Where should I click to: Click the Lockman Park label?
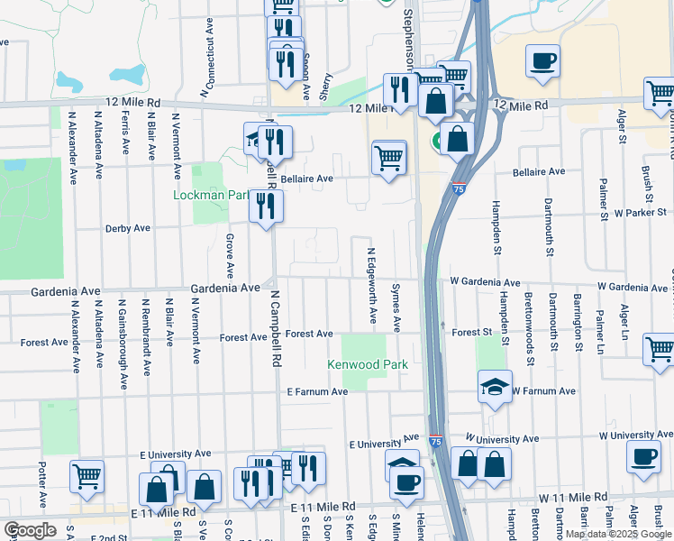[x=212, y=195]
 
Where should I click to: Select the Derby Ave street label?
[x=128, y=229]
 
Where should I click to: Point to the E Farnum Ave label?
[x=317, y=392]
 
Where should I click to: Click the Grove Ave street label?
[x=230, y=255]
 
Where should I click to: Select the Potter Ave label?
[x=42, y=484]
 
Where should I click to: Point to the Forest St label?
[x=471, y=333]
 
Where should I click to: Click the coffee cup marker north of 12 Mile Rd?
[x=542, y=60]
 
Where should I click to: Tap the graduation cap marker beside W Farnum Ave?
[x=495, y=386]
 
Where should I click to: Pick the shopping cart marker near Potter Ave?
[x=87, y=475]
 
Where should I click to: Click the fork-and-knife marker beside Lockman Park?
[x=267, y=206]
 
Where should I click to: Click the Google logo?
[x=30, y=530]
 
